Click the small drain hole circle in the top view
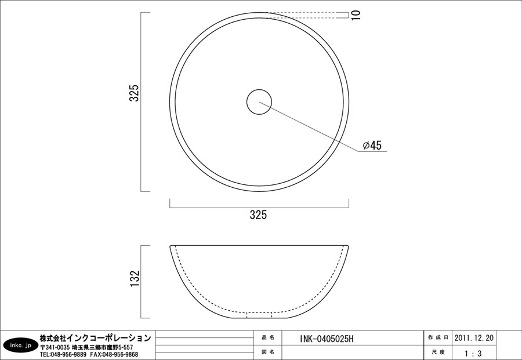(x=259, y=101)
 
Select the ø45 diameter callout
(x=372, y=146)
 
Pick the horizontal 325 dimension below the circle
(x=258, y=215)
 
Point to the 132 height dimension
(x=134, y=279)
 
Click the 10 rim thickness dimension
(x=356, y=15)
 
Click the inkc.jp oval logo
(x=20, y=346)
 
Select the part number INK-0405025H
(x=326, y=339)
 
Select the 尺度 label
(x=438, y=352)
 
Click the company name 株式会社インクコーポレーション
(x=96, y=337)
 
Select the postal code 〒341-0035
(x=55, y=347)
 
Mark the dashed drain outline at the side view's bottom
(x=259, y=315)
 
